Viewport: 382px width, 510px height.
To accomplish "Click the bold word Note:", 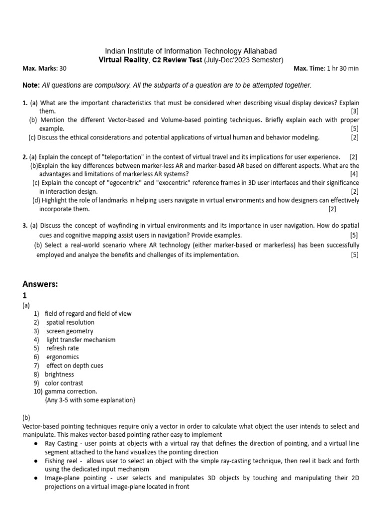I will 31,86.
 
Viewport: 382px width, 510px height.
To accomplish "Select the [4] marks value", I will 354,174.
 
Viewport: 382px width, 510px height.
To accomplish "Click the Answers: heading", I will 40,284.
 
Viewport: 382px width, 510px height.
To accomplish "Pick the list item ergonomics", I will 62,357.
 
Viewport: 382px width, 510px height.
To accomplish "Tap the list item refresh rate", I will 62,348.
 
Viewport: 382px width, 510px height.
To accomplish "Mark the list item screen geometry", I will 70,331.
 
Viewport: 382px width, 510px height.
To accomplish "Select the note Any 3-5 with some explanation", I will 90,400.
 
